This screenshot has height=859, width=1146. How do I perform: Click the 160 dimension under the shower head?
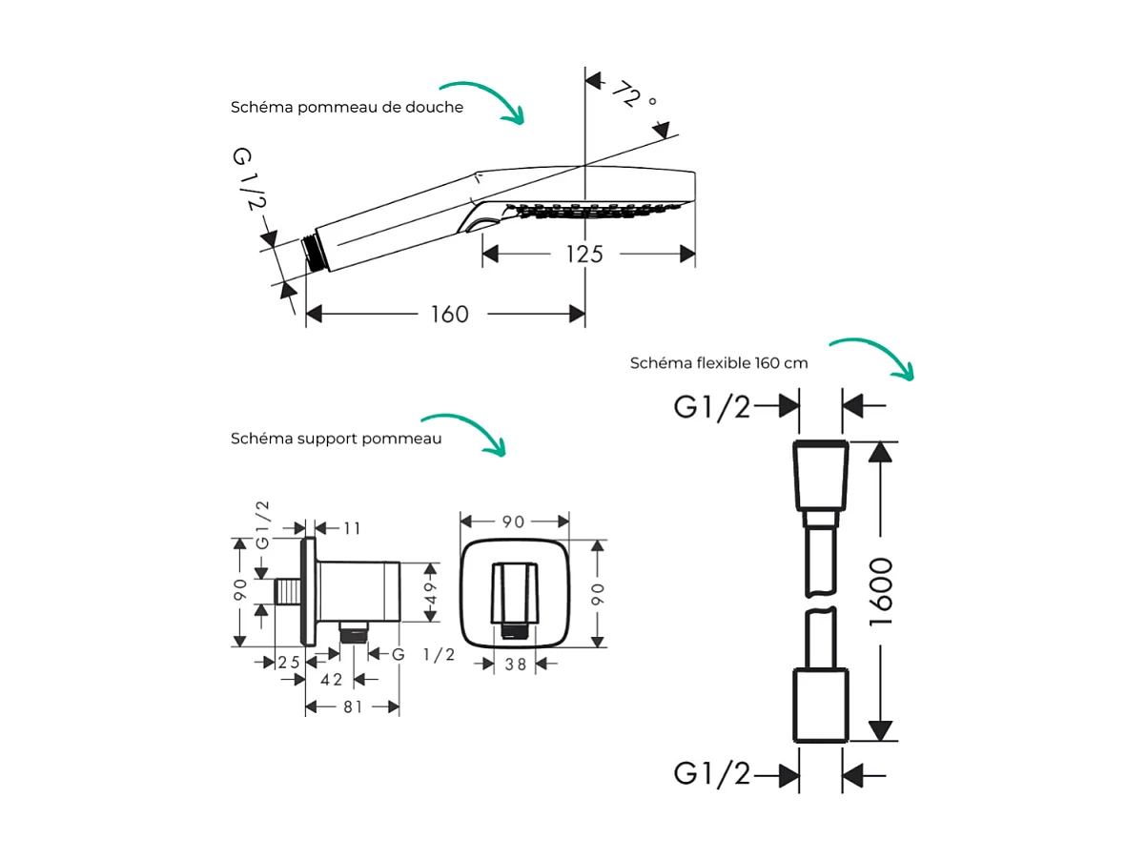tap(450, 315)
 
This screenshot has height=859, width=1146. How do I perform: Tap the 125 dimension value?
tap(583, 254)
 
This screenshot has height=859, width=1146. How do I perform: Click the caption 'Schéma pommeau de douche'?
tap(347, 108)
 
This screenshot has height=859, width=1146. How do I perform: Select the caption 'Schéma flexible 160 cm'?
tap(719, 363)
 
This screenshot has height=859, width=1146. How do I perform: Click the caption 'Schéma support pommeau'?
tap(336, 439)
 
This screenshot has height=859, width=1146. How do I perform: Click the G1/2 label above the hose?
tap(712, 407)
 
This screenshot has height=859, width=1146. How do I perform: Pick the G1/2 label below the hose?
tap(712, 774)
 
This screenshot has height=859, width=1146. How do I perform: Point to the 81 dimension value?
tap(353, 708)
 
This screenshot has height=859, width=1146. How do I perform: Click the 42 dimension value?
tap(332, 680)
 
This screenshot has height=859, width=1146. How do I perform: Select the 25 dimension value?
tap(289, 661)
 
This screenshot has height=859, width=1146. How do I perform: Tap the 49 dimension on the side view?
tap(430, 592)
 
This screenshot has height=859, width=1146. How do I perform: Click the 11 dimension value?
tap(352, 528)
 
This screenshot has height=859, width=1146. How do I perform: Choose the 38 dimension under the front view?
tap(516, 665)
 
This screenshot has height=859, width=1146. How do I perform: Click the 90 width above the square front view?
tap(514, 522)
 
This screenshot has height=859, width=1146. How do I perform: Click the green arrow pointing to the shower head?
tap(490, 99)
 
